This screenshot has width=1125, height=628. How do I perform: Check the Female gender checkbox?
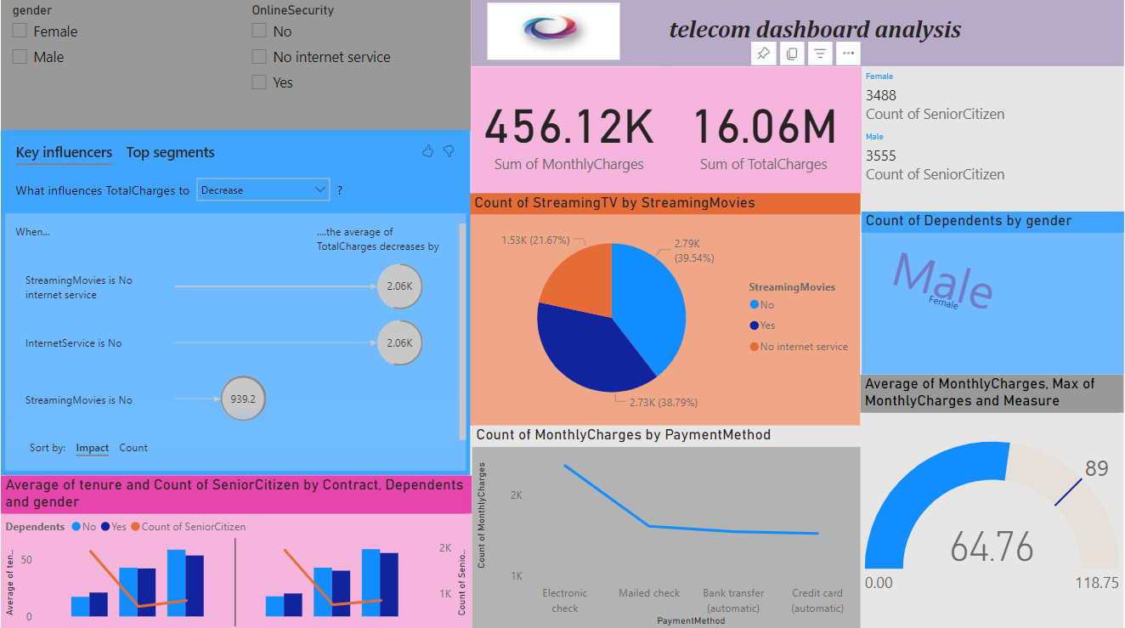tap(20, 31)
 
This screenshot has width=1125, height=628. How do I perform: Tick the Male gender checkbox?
tap(20, 57)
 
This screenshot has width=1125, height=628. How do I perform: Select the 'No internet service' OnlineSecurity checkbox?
tap(259, 57)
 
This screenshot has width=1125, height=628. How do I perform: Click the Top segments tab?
tap(170, 153)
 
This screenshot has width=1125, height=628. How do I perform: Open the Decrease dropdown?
tap(263, 190)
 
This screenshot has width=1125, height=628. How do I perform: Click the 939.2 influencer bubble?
tap(243, 399)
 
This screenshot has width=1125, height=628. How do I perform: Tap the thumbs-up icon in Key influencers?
tap(427, 151)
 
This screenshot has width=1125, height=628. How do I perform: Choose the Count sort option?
tap(133, 448)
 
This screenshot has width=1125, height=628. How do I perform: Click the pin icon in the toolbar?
tap(763, 54)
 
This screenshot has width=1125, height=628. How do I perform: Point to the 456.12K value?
tap(568, 127)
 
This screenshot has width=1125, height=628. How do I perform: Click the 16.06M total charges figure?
tap(764, 127)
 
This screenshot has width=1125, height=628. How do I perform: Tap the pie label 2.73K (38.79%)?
tap(663, 402)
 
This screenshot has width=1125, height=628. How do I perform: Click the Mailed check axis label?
tap(649, 593)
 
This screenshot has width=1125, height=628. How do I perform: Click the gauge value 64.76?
tap(992, 546)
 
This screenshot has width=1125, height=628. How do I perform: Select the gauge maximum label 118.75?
tap(1095, 583)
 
